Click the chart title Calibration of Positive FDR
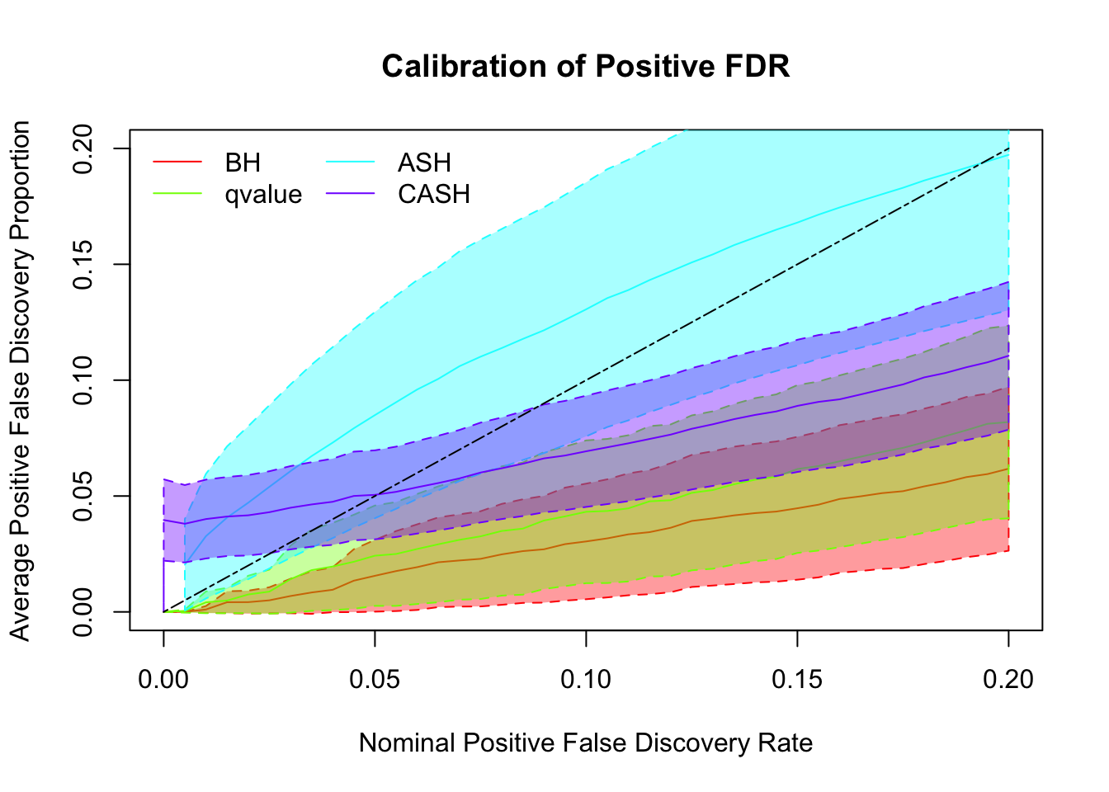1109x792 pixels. [x=586, y=66]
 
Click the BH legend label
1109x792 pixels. [x=243, y=163]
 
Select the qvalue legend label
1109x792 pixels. [x=263, y=195]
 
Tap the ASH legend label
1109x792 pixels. [x=424, y=163]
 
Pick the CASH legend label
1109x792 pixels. [x=433, y=195]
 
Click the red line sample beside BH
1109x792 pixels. [x=177, y=163]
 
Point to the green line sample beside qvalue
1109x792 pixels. [x=177, y=195]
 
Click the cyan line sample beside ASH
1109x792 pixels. [x=351, y=163]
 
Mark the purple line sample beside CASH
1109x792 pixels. [x=351, y=195]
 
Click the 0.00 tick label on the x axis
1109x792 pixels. [x=163, y=679]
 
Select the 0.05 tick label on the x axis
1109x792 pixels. [x=375, y=679]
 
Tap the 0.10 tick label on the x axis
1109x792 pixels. [x=586, y=679]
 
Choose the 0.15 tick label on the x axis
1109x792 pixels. [x=797, y=679]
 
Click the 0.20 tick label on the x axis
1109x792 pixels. [x=1008, y=679]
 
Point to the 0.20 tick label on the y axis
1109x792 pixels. [x=84, y=148]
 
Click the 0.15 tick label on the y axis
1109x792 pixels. [x=84, y=264]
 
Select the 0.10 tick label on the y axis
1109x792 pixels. [x=84, y=380]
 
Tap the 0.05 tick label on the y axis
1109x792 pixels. [x=84, y=496]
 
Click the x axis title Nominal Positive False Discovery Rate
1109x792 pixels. [x=586, y=743]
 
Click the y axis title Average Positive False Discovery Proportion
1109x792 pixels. [x=21, y=380]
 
